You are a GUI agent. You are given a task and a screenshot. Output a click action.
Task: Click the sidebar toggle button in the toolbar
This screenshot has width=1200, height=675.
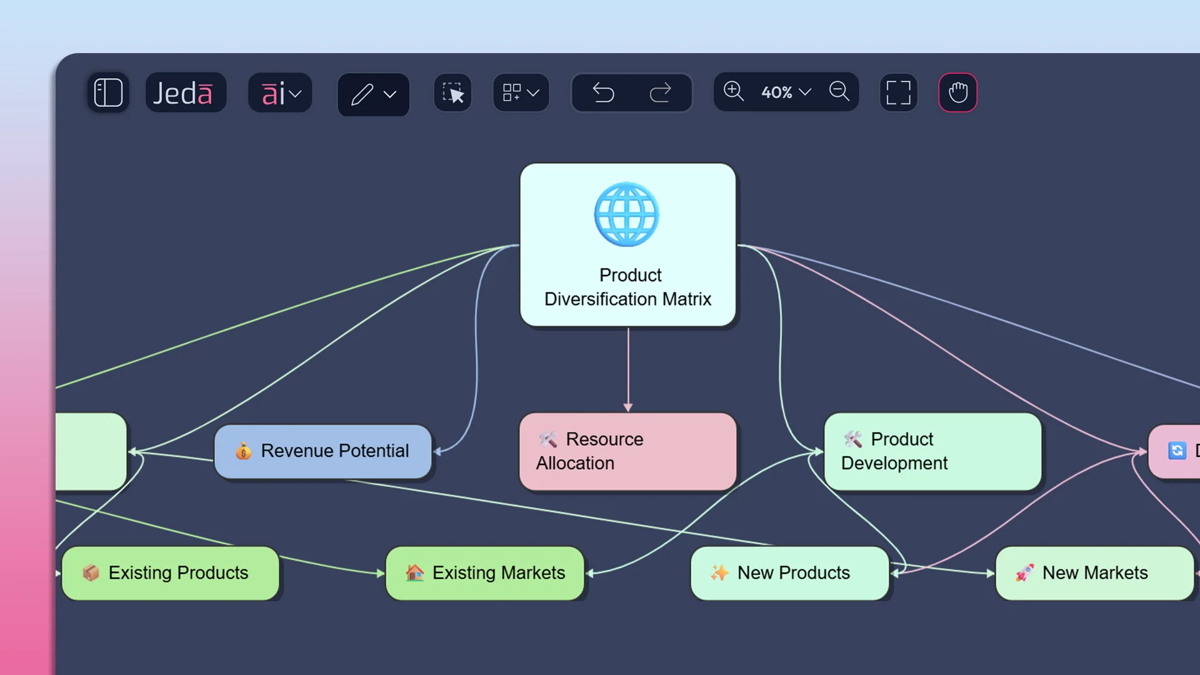pos(108,92)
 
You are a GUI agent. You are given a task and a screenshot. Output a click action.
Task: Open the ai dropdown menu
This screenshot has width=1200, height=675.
pos(280,93)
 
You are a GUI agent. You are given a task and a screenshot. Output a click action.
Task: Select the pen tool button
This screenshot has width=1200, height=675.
pos(363,94)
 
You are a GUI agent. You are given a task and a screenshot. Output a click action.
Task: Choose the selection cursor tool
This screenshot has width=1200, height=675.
pos(452,93)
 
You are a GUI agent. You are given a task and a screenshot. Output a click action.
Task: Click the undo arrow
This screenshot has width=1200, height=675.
pos(603,93)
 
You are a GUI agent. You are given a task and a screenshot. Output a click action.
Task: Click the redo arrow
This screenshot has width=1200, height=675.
pos(660,93)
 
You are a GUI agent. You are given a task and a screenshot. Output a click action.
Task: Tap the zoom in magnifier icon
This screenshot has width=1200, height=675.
pos(733,92)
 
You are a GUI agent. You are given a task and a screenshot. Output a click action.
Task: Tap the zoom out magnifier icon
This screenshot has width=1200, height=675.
pos(839,92)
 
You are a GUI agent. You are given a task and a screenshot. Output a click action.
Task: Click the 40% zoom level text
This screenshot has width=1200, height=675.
pos(777,92)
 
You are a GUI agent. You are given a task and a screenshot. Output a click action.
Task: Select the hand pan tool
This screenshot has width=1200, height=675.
pos(957,93)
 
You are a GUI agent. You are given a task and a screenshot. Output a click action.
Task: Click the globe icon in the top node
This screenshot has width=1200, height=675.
pos(626,214)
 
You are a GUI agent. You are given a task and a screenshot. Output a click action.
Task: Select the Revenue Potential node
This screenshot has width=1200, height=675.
pos(323,451)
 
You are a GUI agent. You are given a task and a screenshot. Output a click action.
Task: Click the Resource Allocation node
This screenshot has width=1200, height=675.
pos(627,451)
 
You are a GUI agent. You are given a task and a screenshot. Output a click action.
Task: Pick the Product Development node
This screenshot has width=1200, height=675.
pos(932,451)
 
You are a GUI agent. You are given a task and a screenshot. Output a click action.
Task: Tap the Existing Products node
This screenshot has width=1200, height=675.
pos(171,573)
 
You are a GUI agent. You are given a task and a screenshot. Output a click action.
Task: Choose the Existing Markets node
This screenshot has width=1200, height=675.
pos(485,573)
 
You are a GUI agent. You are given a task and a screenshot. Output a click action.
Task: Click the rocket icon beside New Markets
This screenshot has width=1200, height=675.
pos(1024,572)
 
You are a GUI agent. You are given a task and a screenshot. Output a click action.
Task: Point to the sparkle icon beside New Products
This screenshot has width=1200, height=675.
pos(719,572)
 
